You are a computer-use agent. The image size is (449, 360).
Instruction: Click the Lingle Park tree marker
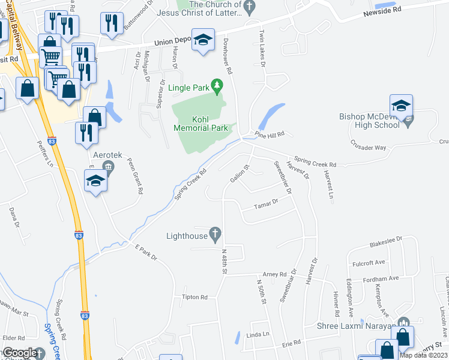click(x=217, y=88)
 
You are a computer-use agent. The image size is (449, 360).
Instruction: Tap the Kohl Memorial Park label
click(x=200, y=124)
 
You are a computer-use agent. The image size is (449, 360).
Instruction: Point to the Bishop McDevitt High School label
click(x=369, y=121)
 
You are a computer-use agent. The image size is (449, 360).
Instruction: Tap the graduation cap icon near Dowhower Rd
click(x=203, y=40)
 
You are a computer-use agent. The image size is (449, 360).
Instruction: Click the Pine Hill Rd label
click(x=269, y=133)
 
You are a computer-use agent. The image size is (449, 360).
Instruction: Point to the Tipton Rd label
click(x=194, y=297)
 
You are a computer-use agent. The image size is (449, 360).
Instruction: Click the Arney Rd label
click(x=275, y=274)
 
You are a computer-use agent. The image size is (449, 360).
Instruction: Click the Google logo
click(x=19, y=353)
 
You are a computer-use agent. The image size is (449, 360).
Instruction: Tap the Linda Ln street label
click(x=256, y=334)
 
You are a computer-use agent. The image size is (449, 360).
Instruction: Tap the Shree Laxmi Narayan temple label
click(x=357, y=326)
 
